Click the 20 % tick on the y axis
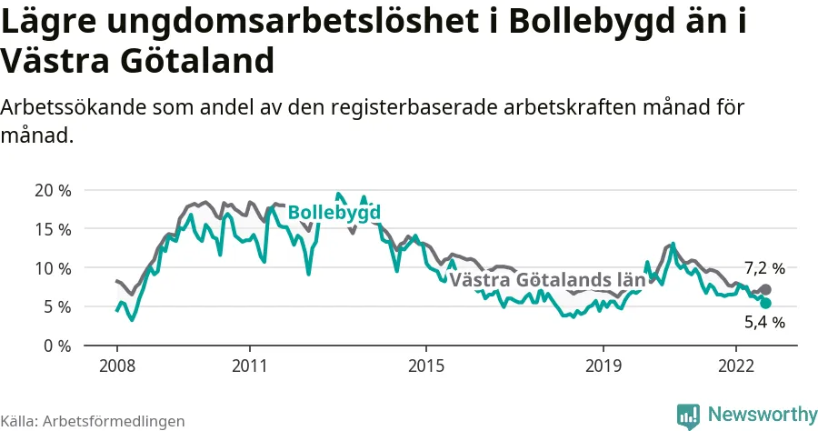pos(53,190)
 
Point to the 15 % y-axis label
pos(53,229)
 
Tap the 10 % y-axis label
pos(53,268)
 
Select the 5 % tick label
pos(56,306)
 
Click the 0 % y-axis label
pos(56,346)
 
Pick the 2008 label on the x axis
pos(117,366)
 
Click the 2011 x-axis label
pos(249,366)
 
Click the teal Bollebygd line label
pos(334,213)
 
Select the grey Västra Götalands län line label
pos(547,280)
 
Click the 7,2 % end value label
pos(764,268)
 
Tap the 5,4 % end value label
pos(764,321)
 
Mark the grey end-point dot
pos(765,289)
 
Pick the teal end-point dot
pos(765,303)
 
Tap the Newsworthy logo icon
pos(689,415)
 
